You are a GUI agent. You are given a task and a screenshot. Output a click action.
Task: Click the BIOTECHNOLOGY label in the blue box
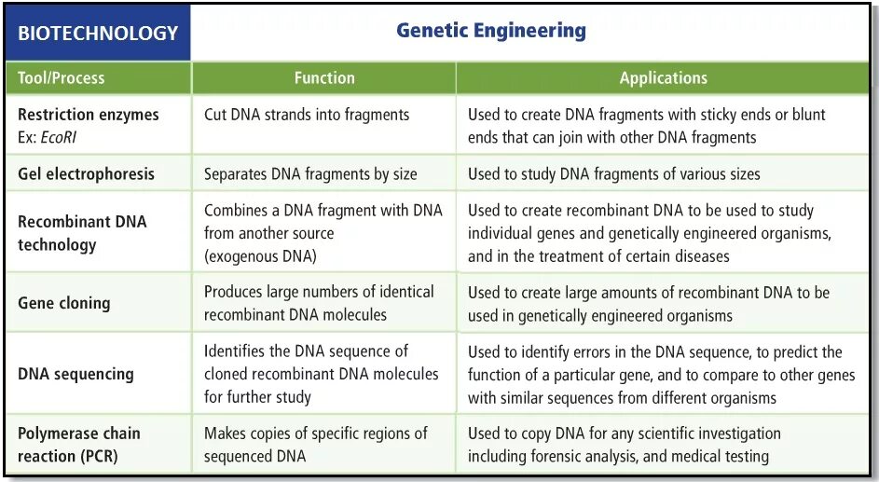coord(98,34)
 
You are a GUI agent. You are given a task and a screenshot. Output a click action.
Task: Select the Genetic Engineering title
coord(490,31)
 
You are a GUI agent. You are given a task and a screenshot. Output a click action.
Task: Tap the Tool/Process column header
coord(61,78)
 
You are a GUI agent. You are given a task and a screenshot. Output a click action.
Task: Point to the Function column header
coord(323,78)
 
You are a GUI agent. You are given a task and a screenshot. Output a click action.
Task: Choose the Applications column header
coord(663,78)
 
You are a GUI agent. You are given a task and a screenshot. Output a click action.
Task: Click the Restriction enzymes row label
coord(89,115)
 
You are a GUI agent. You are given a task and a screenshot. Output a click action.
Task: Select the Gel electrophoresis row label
coord(86,174)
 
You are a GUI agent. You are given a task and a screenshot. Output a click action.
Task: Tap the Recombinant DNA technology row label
coord(82,233)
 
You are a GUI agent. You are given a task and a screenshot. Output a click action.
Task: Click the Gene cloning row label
coord(63,303)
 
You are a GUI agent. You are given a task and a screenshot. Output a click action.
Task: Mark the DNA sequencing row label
coord(76,374)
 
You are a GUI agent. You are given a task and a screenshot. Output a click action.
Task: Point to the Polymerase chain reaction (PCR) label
coord(78,444)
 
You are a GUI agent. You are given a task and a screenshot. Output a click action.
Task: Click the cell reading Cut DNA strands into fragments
coord(307,115)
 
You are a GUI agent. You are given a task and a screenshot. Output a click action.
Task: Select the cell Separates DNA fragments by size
coord(310,174)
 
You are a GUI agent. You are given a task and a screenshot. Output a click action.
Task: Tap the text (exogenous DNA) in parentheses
coord(262,255)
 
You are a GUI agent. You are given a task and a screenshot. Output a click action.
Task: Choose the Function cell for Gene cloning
coord(319,303)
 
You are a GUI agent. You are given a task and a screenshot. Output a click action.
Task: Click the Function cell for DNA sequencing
coord(321,374)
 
